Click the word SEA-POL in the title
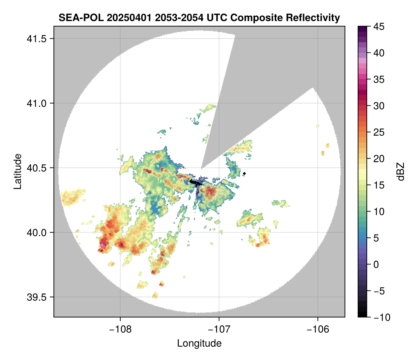(x=78, y=17)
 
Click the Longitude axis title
(x=199, y=343)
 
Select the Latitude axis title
(x=17, y=171)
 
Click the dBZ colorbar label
(x=401, y=171)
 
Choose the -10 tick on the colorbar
(x=379, y=317)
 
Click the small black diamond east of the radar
(x=244, y=173)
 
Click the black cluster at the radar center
(x=196, y=183)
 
